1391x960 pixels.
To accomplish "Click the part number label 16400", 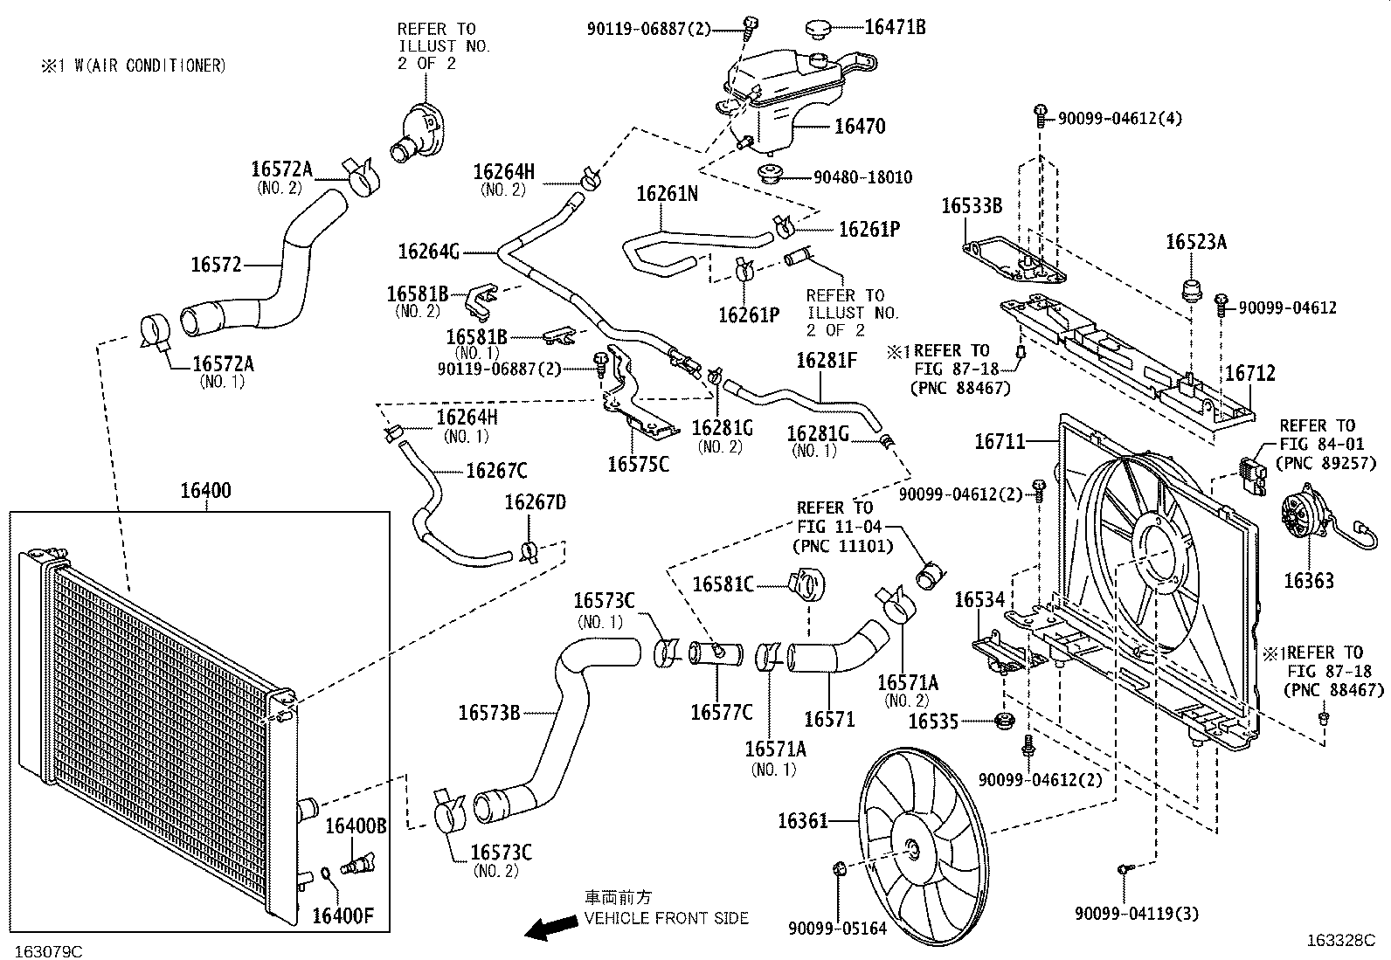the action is coord(205,491).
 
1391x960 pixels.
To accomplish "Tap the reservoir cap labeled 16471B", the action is coord(820,29).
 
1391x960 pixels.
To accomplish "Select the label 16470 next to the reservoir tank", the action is coord(860,126).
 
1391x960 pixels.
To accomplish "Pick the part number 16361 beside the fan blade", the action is coord(803,821).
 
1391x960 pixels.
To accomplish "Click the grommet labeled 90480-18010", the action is coord(771,173).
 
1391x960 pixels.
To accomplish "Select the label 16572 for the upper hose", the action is coord(216,265).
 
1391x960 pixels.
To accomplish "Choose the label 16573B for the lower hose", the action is coord(489,713).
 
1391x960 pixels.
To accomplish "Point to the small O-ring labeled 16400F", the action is coord(326,874).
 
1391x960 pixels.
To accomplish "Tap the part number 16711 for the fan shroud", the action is coord(1000,441).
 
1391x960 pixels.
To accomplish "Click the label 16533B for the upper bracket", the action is coord(972,205).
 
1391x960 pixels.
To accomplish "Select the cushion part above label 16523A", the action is coord(1190,290).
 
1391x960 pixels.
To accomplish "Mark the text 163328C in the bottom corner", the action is coord(1340,940).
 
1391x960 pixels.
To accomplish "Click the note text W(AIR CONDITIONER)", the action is coord(150,66).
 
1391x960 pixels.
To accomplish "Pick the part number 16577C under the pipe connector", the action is coord(722,712).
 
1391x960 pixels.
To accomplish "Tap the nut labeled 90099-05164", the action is coord(839,868).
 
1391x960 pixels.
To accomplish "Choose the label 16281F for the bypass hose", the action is coord(827,360).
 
